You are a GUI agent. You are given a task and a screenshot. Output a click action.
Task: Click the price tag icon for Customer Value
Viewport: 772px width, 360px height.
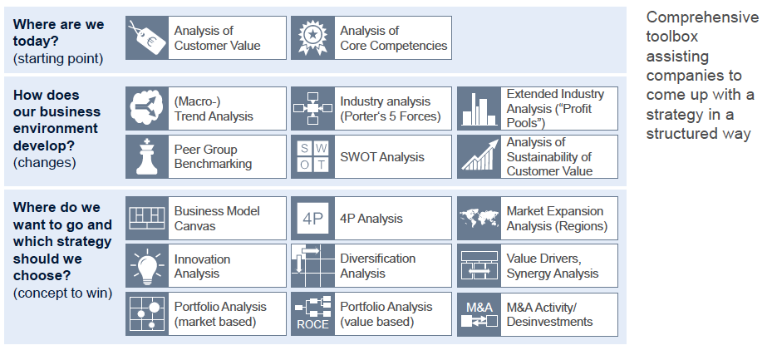[x=147, y=38]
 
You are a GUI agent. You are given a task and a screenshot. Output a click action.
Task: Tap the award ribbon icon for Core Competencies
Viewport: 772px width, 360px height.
[x=312, y=38]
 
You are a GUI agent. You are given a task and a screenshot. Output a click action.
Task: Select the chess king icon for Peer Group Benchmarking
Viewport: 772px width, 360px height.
[x=147, y=157]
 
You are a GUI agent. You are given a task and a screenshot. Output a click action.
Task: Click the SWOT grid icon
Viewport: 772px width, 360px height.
[x=312, y=157]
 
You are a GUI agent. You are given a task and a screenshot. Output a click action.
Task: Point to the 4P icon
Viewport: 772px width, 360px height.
[x=312, y=219]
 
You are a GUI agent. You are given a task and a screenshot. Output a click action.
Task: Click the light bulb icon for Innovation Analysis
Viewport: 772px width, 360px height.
[x=147, y=266]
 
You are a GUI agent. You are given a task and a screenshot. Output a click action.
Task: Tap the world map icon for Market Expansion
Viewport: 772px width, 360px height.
[x=479, y=219]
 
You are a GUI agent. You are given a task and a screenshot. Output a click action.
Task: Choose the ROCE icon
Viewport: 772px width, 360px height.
[x=312, y=314]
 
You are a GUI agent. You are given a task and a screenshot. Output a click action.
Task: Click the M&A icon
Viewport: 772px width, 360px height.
[x=479, y=314]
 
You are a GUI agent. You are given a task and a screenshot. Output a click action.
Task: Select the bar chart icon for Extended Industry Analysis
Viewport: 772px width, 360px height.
[x=479, y=109]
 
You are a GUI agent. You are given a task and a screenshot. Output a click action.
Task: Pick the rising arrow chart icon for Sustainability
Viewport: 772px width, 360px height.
[x=479, y=157]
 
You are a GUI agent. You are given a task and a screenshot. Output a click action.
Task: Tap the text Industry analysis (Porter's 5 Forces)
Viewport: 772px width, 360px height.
[x=390, y=109]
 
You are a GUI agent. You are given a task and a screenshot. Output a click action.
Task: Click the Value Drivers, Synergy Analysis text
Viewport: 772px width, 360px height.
[x=552, y=266]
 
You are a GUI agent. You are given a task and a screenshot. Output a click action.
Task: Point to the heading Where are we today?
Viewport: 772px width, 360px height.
[x=58, y=32]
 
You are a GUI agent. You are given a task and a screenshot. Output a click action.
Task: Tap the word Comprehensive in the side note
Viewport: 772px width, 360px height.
[x=701, y=17]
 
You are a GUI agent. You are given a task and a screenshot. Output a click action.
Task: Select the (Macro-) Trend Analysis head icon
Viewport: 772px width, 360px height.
[x=147, y=109]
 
